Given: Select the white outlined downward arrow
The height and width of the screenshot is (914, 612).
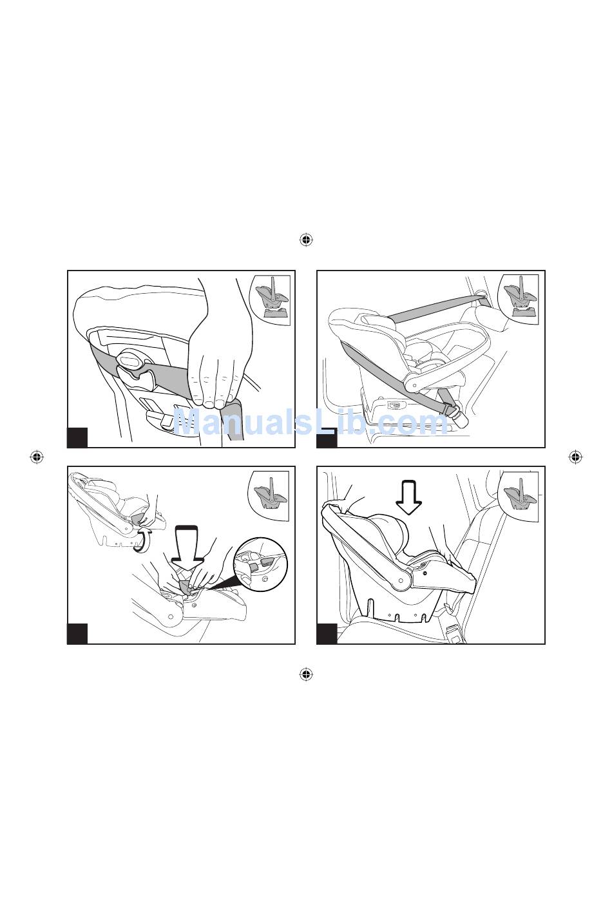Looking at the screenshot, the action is pyautogui.click(x=409, y=498).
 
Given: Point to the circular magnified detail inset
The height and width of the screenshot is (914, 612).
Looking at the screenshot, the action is pyautogui.click(x=260, y=565).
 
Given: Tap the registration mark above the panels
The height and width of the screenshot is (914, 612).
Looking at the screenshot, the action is pyautogui.click(x=305, y=240).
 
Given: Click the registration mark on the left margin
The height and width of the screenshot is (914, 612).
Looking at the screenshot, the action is pyautogui.click(x=37, y=457).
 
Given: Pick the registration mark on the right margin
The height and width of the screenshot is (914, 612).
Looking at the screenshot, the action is pyautogui.click(x=575, y=457).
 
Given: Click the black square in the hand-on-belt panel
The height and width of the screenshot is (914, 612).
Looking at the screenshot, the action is pyautogui.click(x=77, y=437).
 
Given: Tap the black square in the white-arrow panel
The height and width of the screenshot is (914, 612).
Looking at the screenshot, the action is pyautogui.click(x=327, y=634).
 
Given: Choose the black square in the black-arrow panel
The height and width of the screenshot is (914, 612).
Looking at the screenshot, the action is pyautogui.click(x=77, y=634).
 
